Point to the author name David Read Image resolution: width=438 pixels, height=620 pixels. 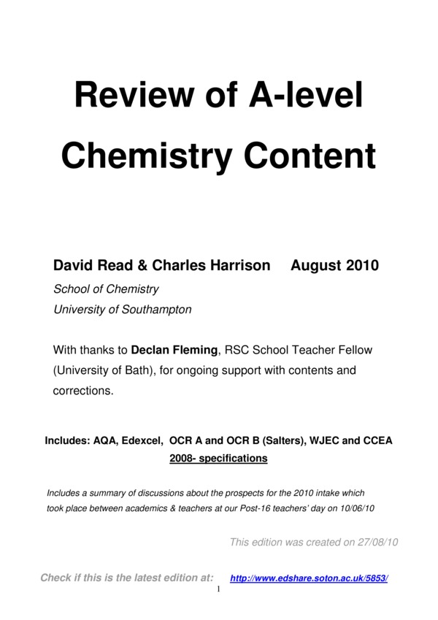(x=88, y=266)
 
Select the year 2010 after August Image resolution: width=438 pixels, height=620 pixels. (x=361, y=266)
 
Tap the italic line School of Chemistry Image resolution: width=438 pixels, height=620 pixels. (x=107, y=288)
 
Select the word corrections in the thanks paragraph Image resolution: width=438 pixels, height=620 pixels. (x=83, y=391)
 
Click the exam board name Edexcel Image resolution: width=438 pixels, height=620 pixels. (x=140, y=441)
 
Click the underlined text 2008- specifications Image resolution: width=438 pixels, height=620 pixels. (x=218, y=459)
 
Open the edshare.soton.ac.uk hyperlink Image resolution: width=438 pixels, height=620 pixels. (x=309, y=578)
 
